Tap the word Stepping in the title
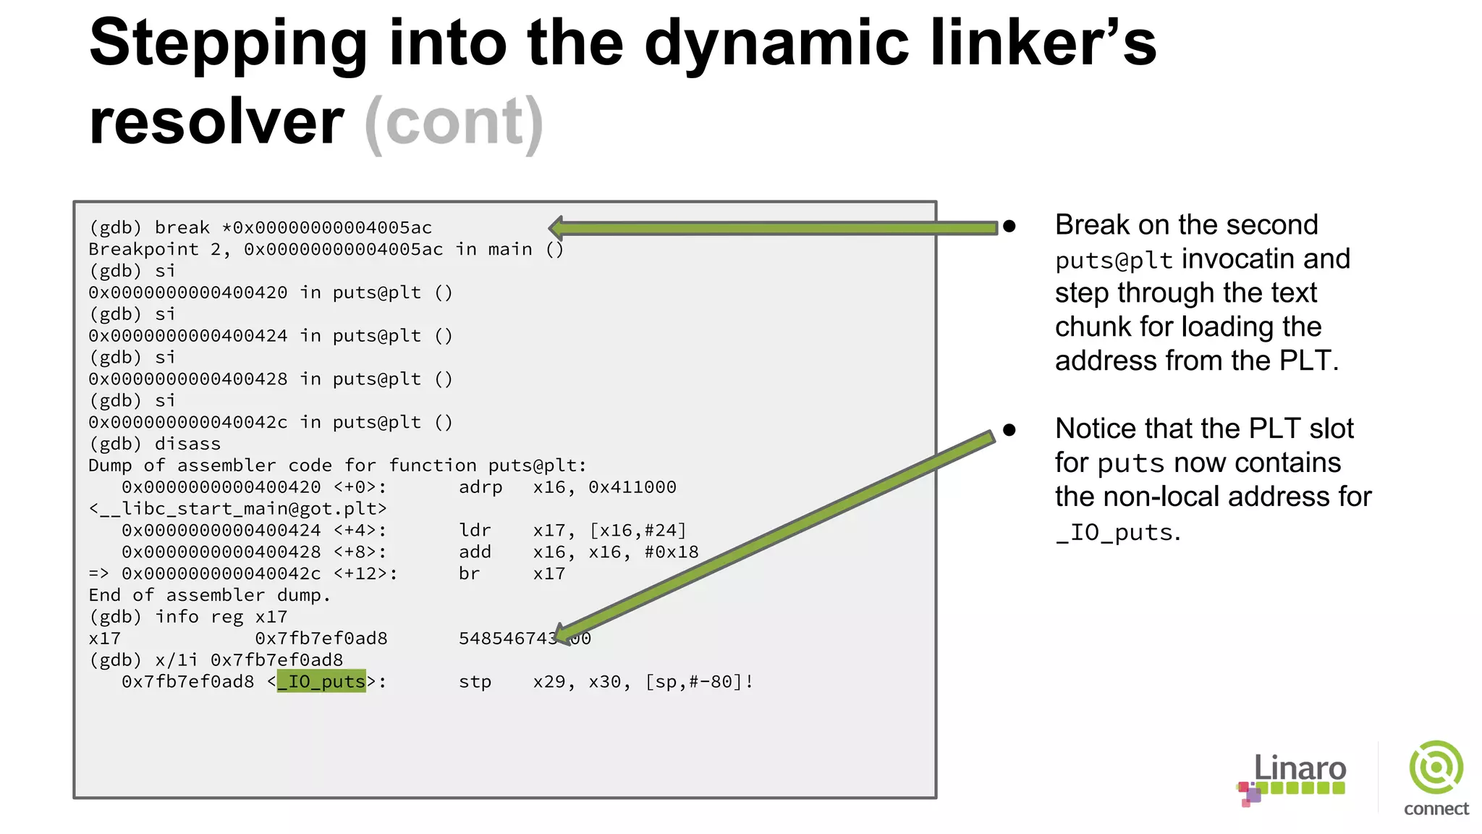click(229, 43)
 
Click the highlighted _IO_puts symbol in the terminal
click(321, 682)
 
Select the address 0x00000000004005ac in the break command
click(332, 228)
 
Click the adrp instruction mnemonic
click(480, 487)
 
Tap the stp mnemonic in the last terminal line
click(475, 682)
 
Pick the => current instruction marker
click(98, 574)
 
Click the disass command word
click(187, 444)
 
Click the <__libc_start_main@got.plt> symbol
click(238, 509)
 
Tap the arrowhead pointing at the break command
click(557, 228)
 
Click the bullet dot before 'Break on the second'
click(1009, 227)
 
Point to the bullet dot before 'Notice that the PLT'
click(1009, 431)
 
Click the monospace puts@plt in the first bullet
click(1113, 261)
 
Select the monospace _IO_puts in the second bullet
click(1114, 533)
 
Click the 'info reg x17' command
click(221, 617)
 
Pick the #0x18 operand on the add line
click(672, 552)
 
